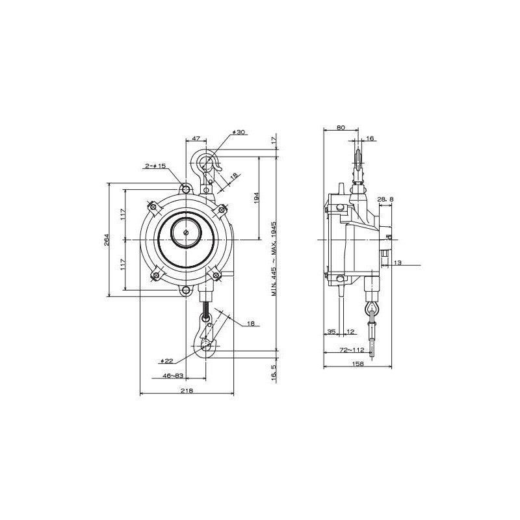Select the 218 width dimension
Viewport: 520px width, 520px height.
pos(187,390)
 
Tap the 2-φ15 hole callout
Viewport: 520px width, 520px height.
pos(156,166)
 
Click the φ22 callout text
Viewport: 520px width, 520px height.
pos(166,361)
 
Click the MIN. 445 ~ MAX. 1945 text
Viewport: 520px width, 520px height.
pos(274,258)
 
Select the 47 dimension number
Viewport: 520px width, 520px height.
pos(196,140)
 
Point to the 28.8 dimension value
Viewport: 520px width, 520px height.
pos(385,198)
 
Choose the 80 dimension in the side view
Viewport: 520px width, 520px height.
pos(341,128)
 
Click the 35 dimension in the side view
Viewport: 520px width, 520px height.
pos(331,331)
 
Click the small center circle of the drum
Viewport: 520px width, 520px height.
pos(187,233)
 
